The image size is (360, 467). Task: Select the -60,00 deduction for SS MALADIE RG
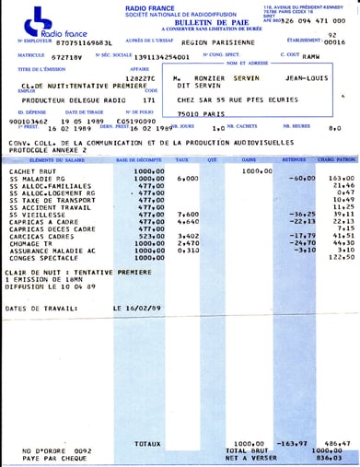coord(292,179)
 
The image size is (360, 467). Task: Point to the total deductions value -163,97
coord(292,442)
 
